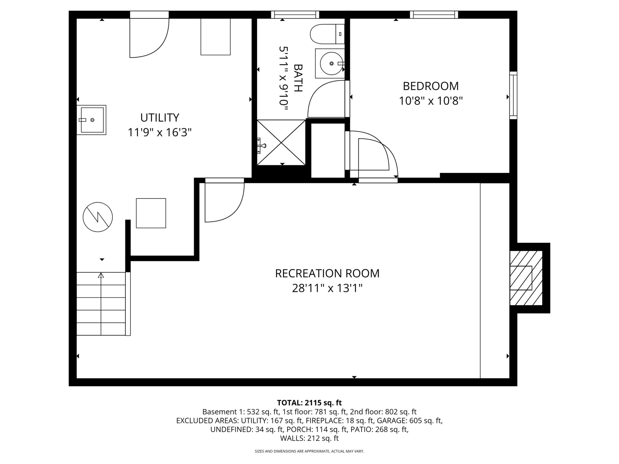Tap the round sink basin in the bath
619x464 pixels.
(x=332, y=63)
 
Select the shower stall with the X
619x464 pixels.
(x=281, y=142)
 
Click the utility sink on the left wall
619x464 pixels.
(x=92, y=120)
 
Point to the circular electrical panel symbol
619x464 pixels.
(x=98, y=217)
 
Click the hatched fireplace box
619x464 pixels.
(x=526, y=278)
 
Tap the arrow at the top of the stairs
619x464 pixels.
(x=101, y=275)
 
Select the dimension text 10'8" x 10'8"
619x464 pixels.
(x=431, y=101)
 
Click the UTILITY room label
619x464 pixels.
(x=160, y=118)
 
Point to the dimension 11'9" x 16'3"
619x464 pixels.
(x=160, y=132)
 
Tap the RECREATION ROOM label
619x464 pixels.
(x=327, y=273)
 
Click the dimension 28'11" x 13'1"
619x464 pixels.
(x=327, y=288)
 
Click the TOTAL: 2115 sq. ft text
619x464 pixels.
(x=309, y=403)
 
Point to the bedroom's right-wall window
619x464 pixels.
(x=513, y=95)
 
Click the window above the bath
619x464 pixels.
(x=295, y=15)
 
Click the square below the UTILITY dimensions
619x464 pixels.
(x=151, y=213)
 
